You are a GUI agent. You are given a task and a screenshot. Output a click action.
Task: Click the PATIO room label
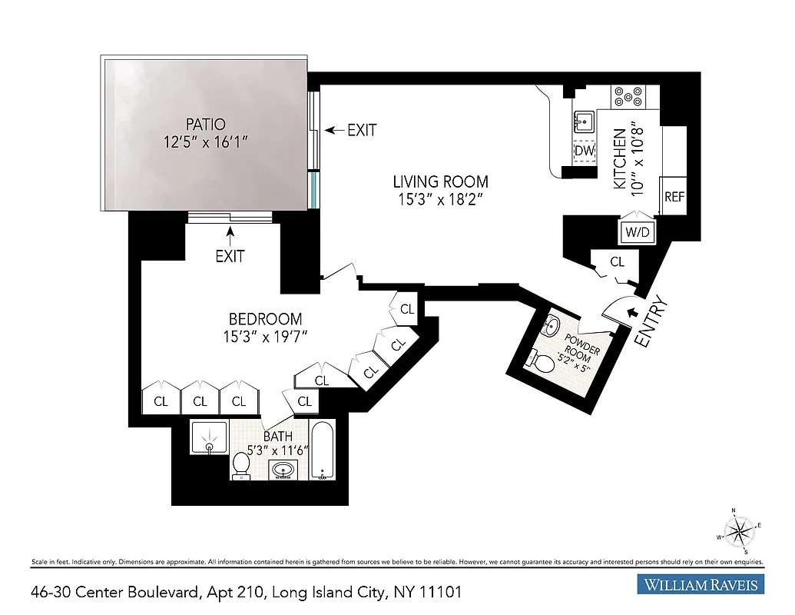205,124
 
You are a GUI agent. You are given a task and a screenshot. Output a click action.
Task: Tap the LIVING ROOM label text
440,182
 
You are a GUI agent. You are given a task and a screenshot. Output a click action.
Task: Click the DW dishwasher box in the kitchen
585,151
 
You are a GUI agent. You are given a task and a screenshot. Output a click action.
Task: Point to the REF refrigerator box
674,197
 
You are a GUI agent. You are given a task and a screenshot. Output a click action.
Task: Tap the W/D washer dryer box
637,231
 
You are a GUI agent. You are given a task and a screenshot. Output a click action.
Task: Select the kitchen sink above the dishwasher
584,121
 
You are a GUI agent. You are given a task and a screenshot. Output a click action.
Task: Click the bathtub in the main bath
323,450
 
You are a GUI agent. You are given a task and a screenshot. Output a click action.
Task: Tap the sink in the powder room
551,327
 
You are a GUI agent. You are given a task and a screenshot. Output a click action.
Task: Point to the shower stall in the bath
209,438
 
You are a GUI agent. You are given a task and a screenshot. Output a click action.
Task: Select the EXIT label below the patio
229,256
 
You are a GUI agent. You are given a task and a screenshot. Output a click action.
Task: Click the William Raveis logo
701,585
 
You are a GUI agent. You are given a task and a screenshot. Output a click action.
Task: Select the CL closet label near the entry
618,262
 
